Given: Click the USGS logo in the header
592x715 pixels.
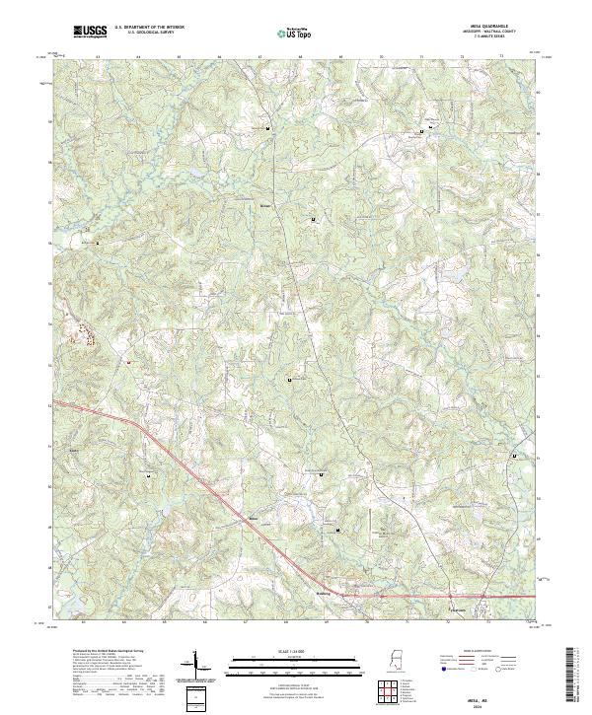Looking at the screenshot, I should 90,32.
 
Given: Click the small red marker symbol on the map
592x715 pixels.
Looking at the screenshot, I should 127,361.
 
